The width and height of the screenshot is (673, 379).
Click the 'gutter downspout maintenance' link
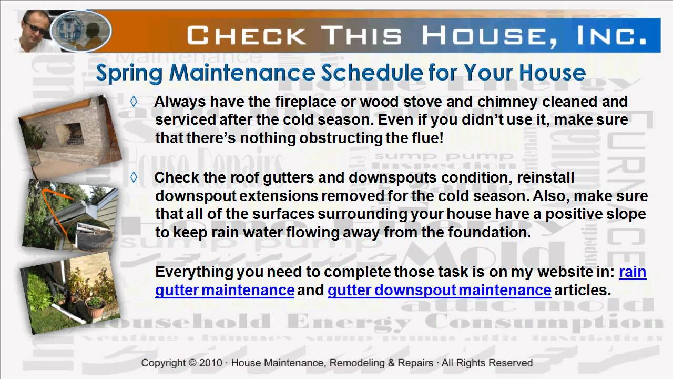[x=439, y=290]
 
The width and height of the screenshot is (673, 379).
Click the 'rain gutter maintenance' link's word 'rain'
[x=633, y=272]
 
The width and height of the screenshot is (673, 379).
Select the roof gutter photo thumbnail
[x=68, y=215]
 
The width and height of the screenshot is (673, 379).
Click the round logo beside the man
[x=84, y=31]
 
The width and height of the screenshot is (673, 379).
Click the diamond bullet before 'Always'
[x=134, y=102]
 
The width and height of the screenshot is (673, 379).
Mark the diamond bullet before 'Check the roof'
[x=134, y=177]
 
